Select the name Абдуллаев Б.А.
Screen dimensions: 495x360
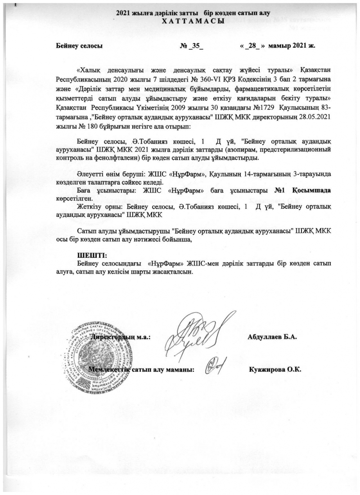coord(272,337)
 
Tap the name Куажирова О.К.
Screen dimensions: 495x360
coord(274,369)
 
